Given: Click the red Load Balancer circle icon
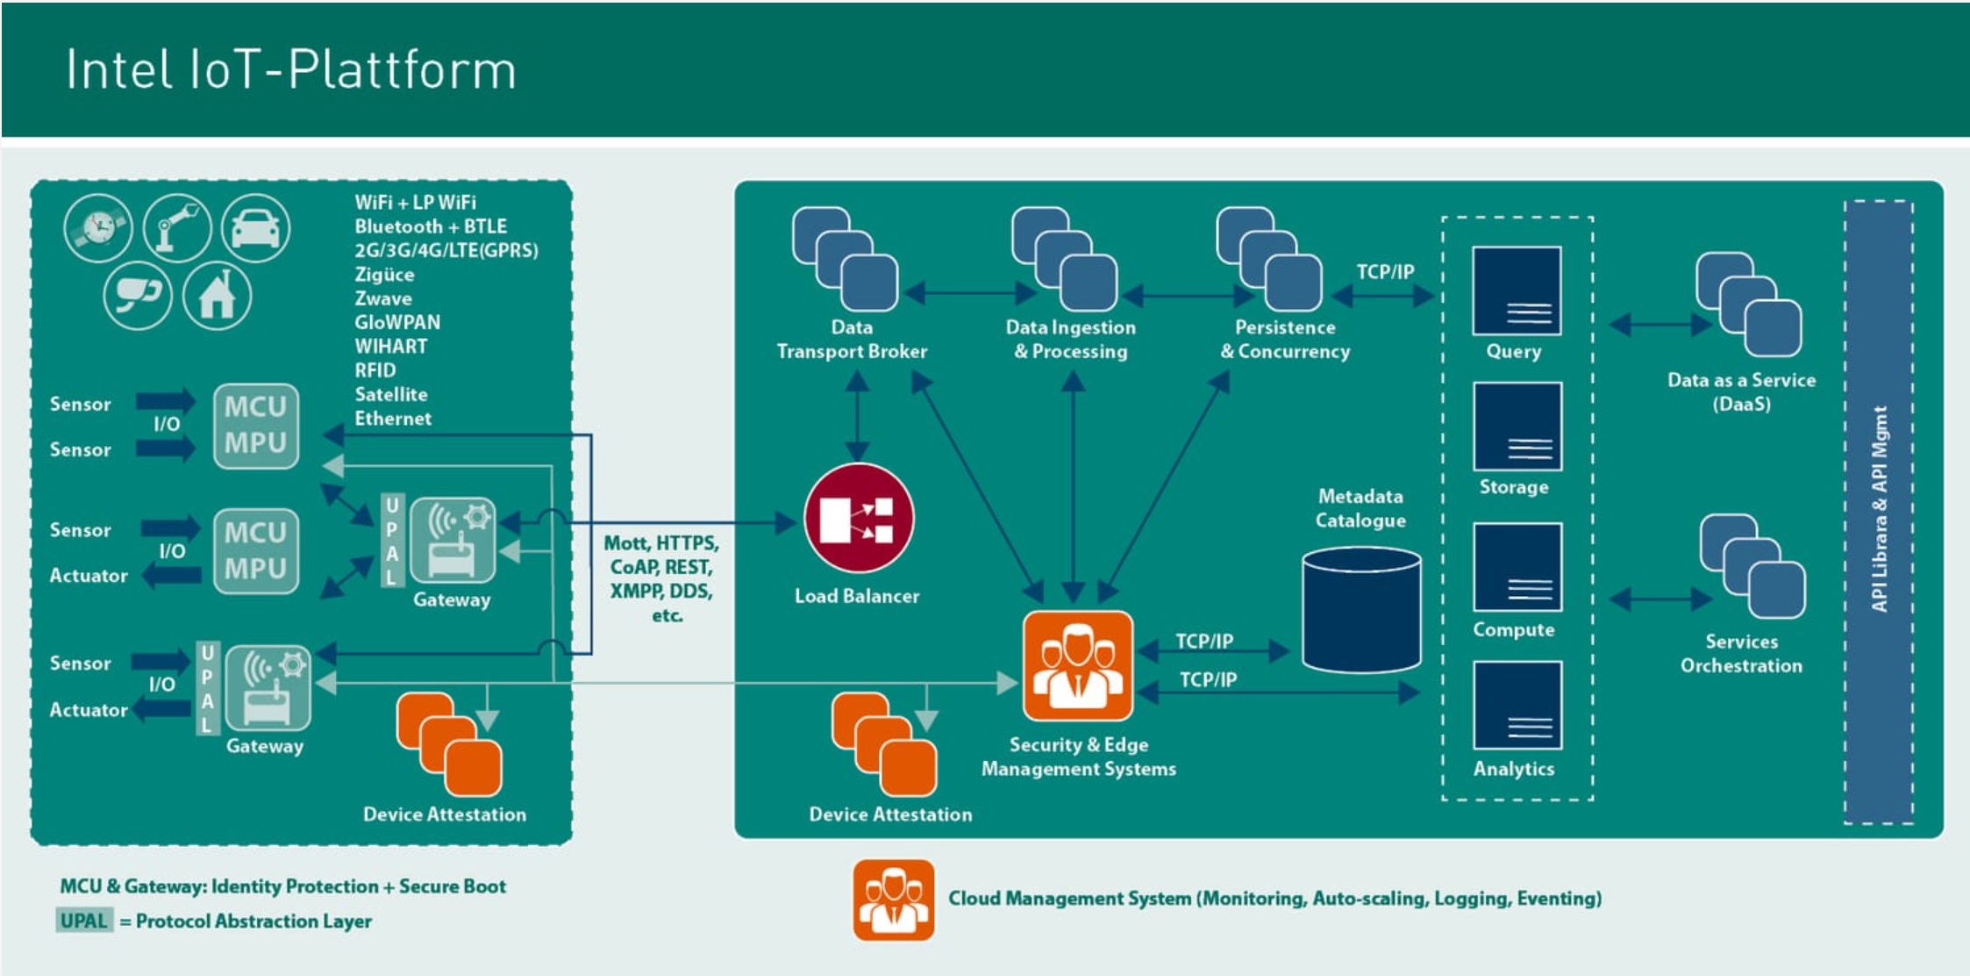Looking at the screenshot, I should point(858,519).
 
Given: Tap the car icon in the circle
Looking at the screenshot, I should point(255,228).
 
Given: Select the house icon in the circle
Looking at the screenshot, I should point(218,296).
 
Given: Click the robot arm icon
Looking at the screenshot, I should point(177,228).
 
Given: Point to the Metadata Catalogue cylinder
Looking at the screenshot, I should point(1360,610).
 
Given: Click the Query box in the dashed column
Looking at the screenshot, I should point(1516,291).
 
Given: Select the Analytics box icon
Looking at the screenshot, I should point(1517,705).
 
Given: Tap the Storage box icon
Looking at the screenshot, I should point(1517,427).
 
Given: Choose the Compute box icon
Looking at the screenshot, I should point(1517,567).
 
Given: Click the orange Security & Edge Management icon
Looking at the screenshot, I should point(1077,666).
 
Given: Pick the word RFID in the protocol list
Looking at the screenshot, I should point(375,370).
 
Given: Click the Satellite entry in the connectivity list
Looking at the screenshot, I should point(391,394).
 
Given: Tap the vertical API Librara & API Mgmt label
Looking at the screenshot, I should point(1879,509).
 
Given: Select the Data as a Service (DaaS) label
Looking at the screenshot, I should point(1741,391).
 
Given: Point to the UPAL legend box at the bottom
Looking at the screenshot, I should point(84,921).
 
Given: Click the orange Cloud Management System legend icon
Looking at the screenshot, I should point(893,900).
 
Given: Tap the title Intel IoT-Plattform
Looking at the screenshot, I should point(291,70).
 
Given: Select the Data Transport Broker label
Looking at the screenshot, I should point(851,339).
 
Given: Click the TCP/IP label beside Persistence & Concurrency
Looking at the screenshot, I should point(1385,272).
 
